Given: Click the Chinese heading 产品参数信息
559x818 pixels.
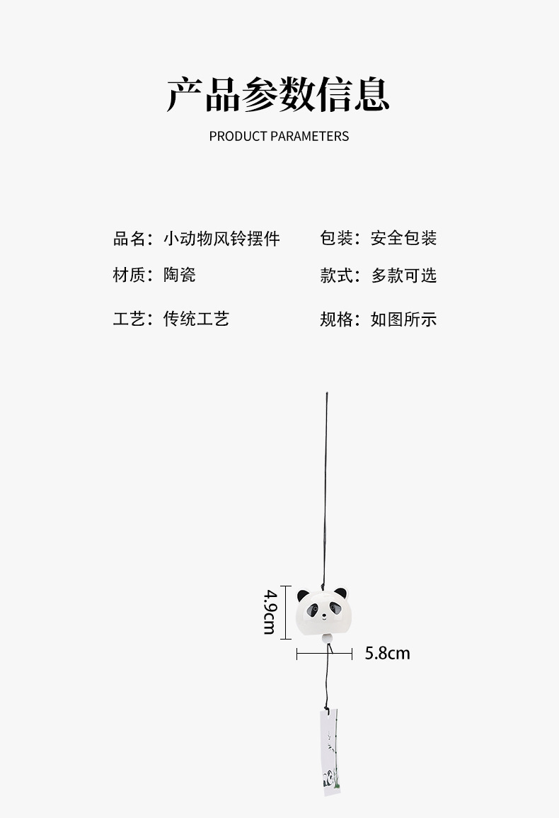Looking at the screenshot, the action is pos(278,95).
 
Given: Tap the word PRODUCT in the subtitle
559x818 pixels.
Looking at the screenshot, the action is pos(238,136).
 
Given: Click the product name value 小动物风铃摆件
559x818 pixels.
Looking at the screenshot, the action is pos(221,239).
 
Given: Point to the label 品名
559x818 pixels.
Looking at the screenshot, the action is pos(129,239).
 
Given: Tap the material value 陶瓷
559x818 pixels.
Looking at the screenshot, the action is pos(180,275).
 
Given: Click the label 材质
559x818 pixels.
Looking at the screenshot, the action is pos(129,275).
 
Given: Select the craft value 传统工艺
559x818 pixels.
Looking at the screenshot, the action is pos(196,319).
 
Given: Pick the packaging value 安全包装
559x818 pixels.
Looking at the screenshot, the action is pos(403,239).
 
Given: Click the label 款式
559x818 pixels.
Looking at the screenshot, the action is pos(338,275).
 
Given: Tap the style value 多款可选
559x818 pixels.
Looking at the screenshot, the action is pos(403,275).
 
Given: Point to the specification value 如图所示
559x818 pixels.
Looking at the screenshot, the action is pos(403,319).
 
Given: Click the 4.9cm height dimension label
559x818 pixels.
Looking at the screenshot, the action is pos(270,610).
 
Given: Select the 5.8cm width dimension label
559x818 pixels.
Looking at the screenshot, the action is pos(387,653).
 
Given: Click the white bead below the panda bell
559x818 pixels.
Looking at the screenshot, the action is pos(327,640).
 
